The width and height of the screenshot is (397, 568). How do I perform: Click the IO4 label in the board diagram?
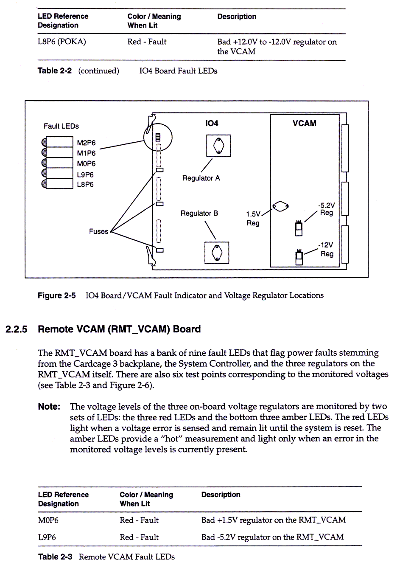click(x=211, y=123)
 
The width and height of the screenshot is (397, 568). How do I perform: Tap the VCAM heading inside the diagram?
click(x=304, y=123)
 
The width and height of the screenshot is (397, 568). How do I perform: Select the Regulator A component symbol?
click(x=218, y=146)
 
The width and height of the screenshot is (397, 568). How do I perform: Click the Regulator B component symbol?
click(x=217, y=253)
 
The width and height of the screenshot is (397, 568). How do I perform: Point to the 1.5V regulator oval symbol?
click(x=280, y=206)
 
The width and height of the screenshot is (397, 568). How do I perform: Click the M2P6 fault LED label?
click(x=86, y=143)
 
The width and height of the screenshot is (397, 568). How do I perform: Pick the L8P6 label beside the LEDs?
click(x=85, y=184)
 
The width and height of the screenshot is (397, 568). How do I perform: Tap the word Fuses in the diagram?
click(x=98, y=231)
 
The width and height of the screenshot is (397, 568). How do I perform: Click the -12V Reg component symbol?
click(x=299, y=257)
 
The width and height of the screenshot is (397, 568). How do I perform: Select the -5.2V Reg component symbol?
click(x=299, y=228)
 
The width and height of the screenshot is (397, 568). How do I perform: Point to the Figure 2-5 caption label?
click(x=56, y=295)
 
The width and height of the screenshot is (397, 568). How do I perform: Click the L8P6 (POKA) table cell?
click(x=62, y=42)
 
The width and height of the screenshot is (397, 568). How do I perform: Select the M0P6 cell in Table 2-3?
click(x=48, y=520)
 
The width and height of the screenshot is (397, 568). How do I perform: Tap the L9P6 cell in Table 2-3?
click(x=47, y=537)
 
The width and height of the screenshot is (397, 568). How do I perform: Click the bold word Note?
click(x=49, y=407)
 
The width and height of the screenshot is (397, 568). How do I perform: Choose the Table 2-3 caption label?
click(x=55, y=557)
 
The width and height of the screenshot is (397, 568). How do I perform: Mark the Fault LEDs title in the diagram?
click(x=61, y=126)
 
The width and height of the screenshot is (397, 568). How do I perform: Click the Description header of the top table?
click(x=237, y=17)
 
